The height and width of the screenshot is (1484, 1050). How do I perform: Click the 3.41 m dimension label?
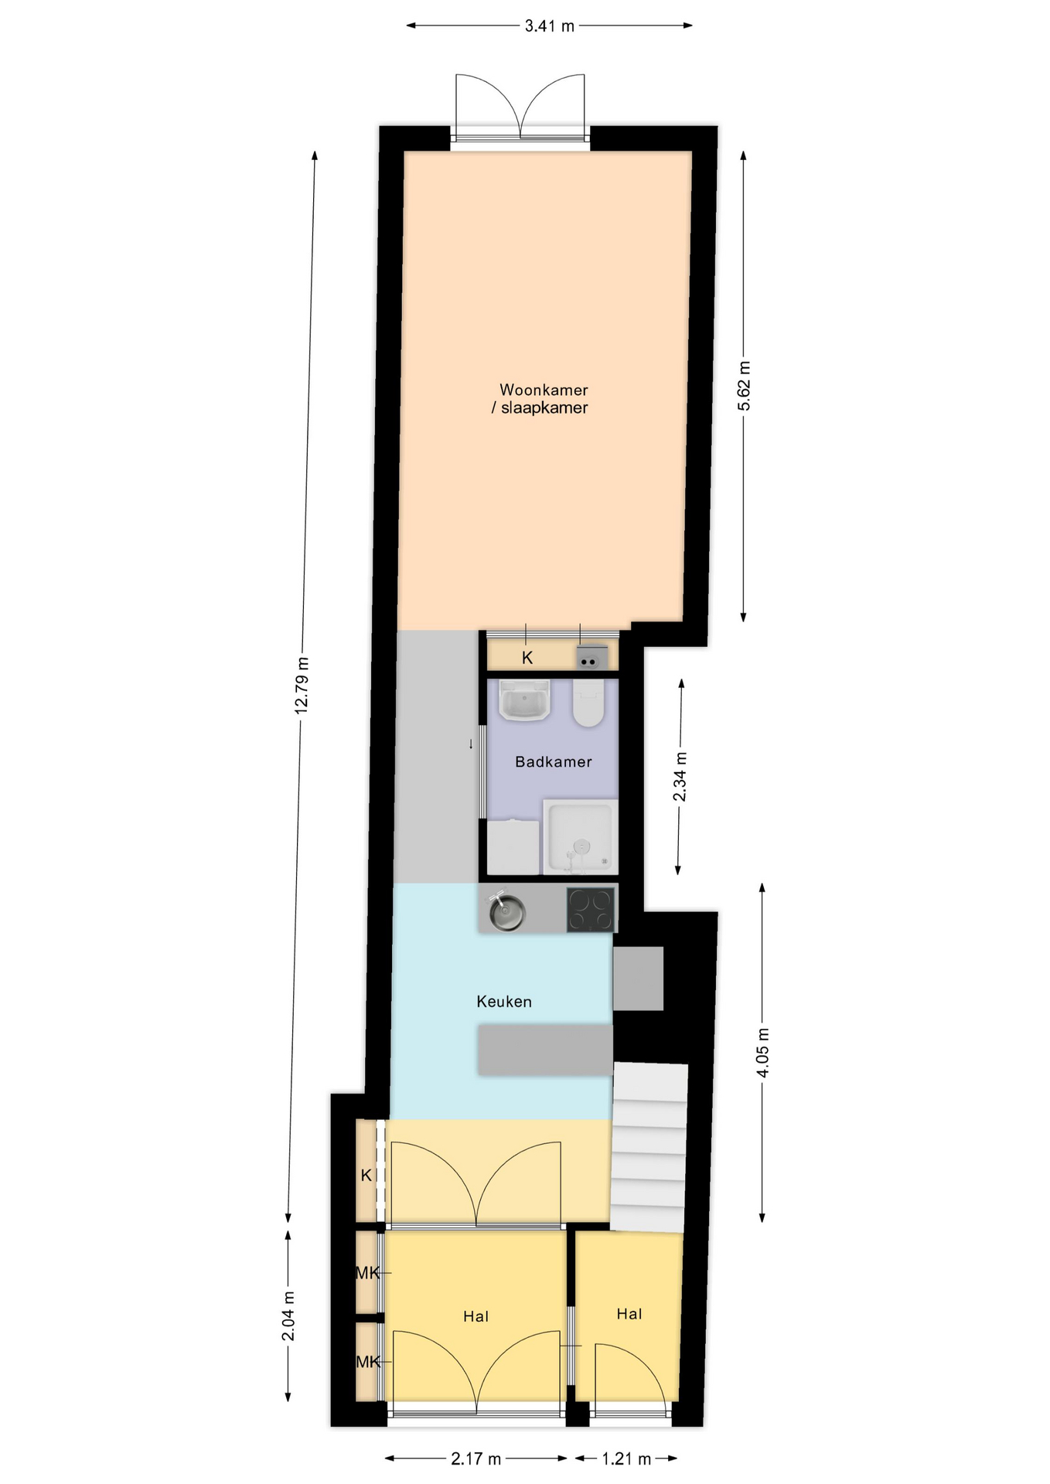549,26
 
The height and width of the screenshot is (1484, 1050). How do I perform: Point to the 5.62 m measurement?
744,386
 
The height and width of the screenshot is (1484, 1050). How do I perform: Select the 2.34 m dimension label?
680,777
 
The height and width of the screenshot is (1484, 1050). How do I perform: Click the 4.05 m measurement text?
762,1053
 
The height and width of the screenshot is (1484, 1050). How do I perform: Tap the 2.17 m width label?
476,1458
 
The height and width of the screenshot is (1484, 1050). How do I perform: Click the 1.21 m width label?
626,1458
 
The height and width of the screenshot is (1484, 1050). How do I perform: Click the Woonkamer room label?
544,390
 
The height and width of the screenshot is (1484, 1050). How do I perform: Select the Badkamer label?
554,762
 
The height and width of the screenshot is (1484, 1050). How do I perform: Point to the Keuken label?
504,1002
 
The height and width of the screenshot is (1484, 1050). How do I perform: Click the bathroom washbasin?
524,700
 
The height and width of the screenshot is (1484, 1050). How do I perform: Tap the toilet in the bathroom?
588,703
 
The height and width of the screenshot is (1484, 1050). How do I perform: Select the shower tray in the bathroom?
581,836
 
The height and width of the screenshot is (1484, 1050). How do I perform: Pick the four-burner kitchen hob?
591,909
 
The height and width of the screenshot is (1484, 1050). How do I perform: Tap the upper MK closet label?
367,1272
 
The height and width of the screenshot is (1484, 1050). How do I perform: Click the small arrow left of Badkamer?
471,744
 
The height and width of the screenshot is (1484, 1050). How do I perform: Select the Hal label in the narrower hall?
629,1314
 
